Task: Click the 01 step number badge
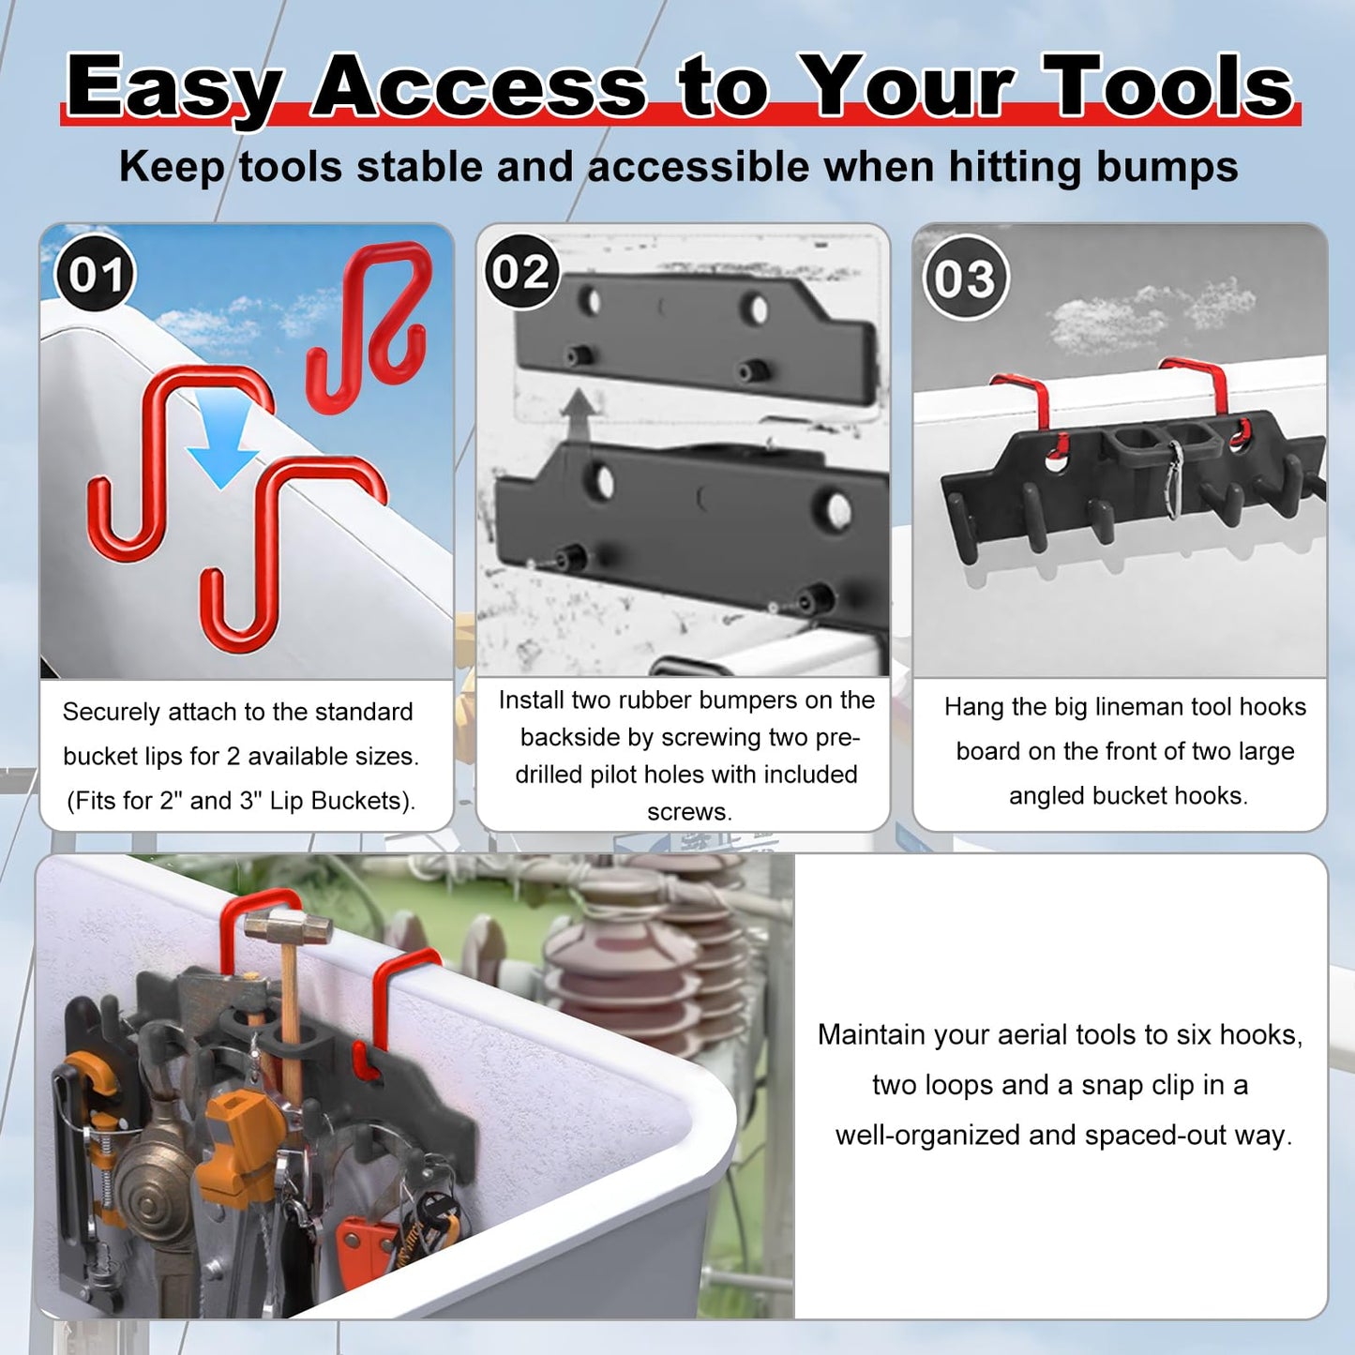click(96, 275)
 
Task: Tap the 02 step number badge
click(521, 272)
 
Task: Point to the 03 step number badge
click(965, 279)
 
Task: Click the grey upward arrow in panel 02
click(581, 414)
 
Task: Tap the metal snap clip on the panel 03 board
click(1173, 478)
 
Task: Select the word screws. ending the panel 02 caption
click(689, 812)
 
